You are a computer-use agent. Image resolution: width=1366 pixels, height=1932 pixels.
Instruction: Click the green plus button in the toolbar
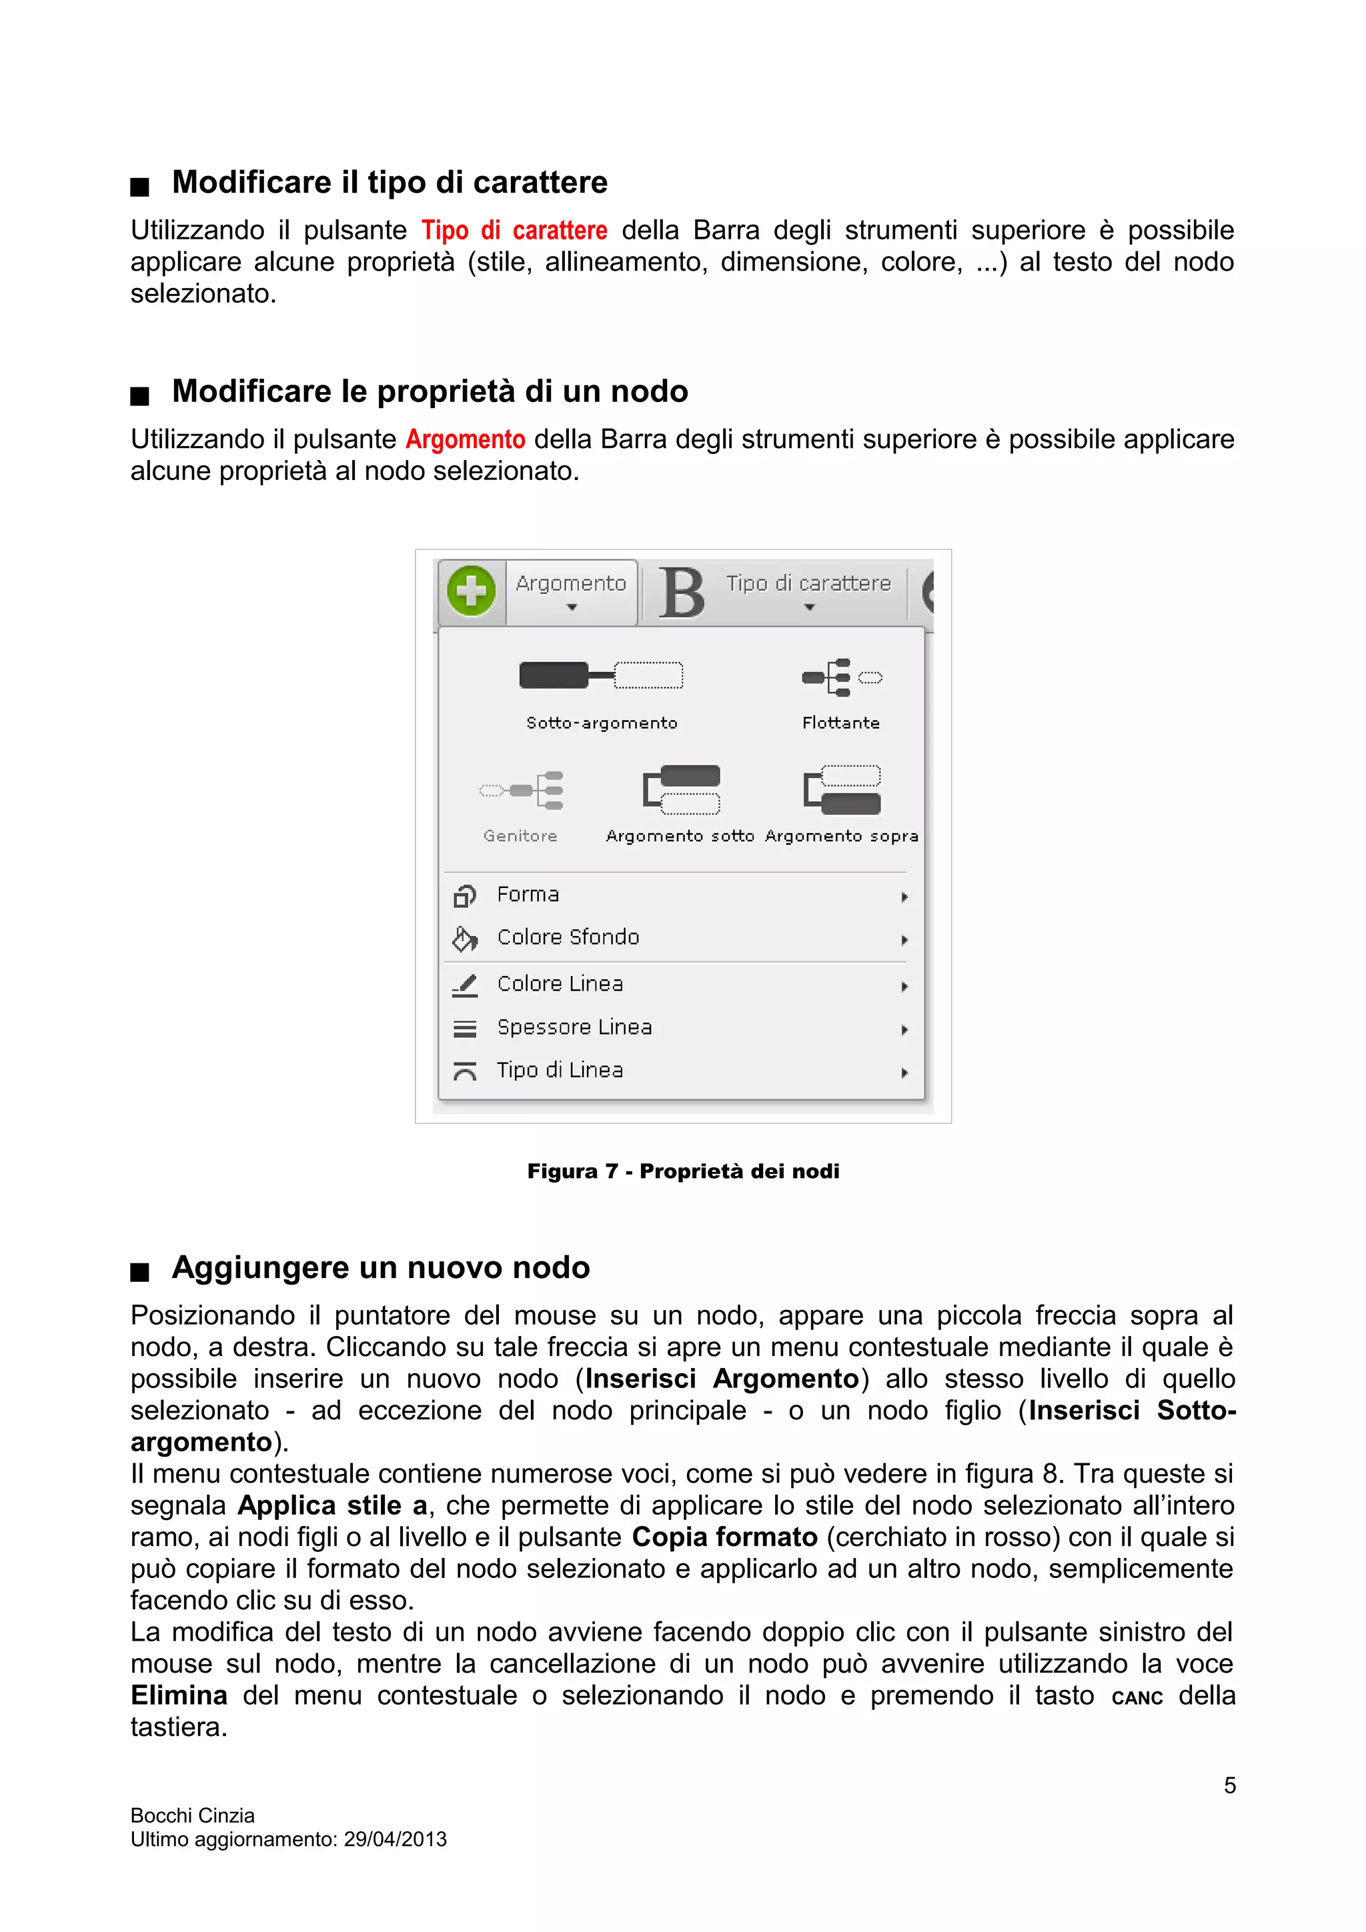tap(470, 591)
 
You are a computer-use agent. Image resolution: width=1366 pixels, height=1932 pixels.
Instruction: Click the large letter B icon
tap(681, 593)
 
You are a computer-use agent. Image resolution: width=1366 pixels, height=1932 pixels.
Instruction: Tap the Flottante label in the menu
tap(840, 723)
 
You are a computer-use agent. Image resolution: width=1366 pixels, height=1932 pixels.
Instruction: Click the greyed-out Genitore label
tap(520, 835)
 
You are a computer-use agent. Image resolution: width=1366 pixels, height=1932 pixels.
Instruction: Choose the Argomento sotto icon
tap(682, 789)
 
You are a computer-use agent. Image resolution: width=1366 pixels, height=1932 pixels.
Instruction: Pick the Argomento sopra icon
tap(842, 789)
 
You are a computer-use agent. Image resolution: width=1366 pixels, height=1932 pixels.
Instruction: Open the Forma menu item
tap(528, 895)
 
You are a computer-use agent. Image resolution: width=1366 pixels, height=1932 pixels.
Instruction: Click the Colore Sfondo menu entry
tap(568, 937)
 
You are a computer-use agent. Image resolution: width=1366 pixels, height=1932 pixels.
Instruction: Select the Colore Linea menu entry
tap(560, 984)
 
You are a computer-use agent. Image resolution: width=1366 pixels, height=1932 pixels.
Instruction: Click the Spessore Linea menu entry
tap(574, 1027)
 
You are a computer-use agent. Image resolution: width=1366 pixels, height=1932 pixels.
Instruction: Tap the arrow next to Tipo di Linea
tap(904, 1072)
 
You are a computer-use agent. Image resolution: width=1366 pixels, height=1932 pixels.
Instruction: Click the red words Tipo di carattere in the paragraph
tap(514, 231)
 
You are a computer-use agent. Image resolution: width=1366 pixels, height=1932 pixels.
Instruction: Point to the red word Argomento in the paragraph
tap(465, 439)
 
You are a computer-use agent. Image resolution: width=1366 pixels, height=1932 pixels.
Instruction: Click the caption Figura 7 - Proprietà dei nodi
tap(682, 1171)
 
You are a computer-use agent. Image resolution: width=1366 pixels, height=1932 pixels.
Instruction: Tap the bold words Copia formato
tap(724, 1537)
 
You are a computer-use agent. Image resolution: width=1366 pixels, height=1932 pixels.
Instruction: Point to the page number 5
tap(1229, 1785)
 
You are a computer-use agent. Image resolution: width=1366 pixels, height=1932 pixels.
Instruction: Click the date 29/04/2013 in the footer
tap(395, 1839)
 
